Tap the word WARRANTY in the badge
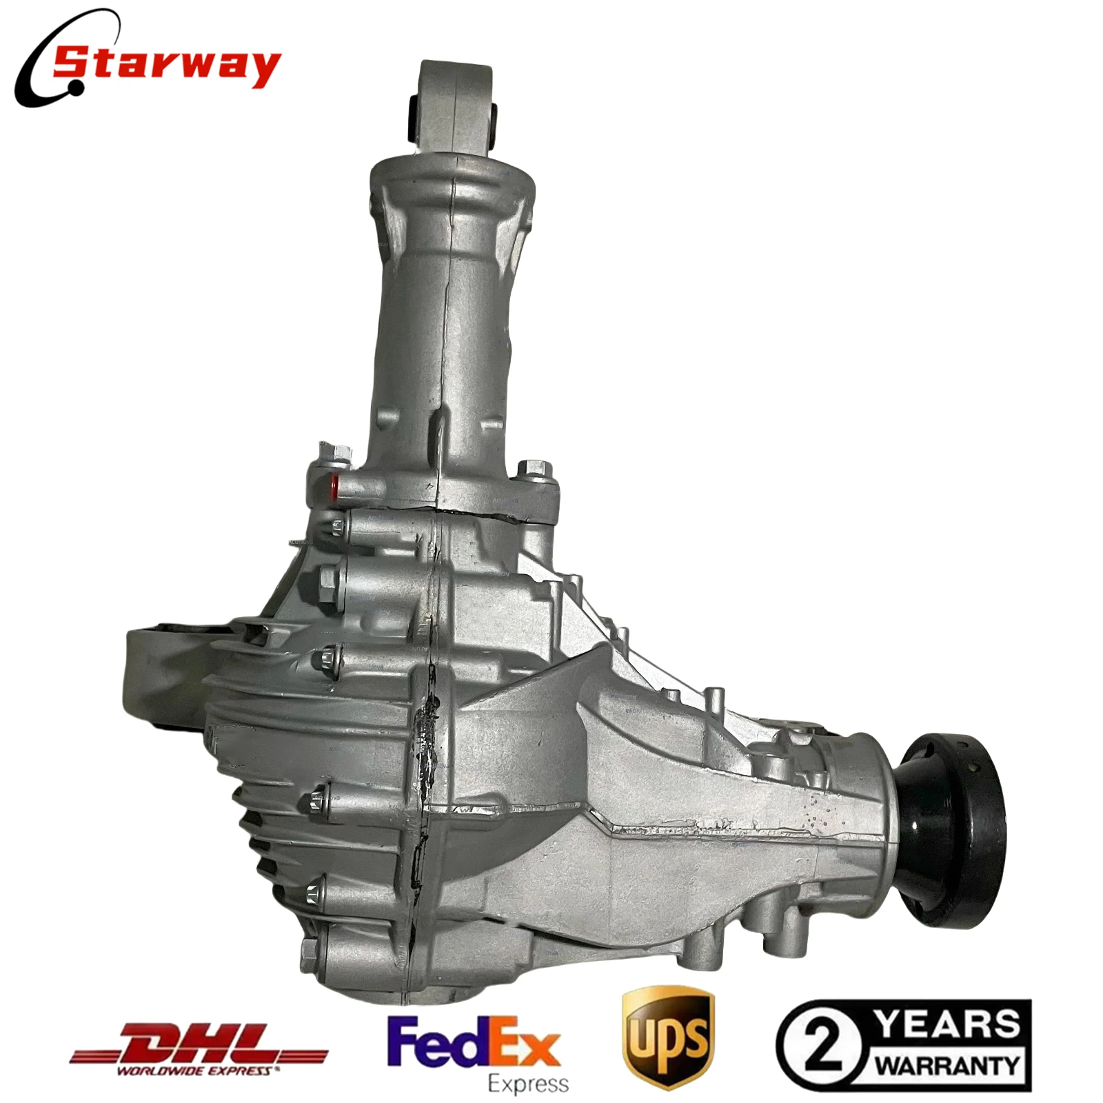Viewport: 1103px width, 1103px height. pos(949,1065)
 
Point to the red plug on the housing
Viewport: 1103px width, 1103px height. pos(335,487)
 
